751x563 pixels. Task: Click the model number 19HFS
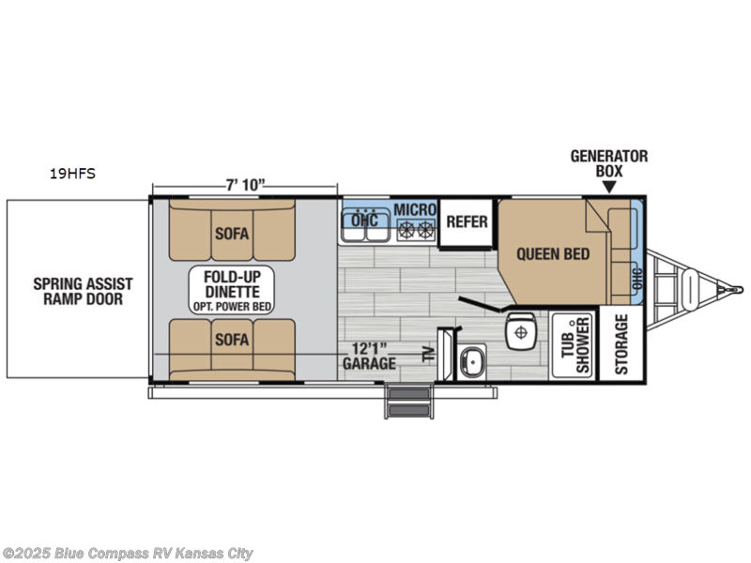(73, 174)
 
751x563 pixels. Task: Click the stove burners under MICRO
(417, 228)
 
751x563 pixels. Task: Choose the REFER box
(466, 222)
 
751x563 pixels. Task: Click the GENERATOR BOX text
(609, 164)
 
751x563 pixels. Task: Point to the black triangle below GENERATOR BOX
(609, 188)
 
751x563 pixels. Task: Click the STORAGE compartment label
(621, 343)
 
